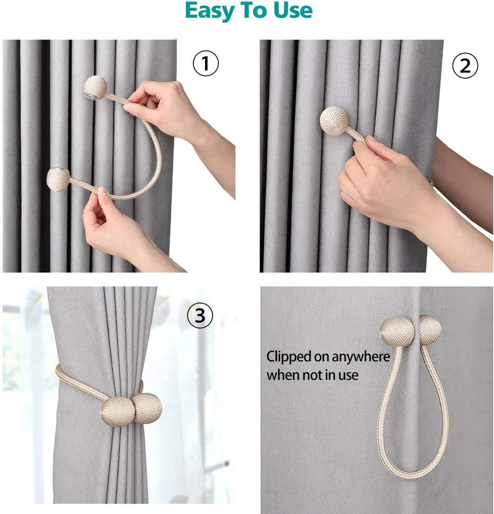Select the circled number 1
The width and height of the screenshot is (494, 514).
tap(206, 63)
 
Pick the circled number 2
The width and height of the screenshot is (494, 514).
tap(465, 65)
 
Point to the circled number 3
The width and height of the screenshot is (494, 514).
tap(200, 315)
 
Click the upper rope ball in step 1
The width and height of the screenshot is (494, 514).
tap(96, 87)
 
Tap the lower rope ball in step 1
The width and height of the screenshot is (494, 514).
tap(58, 180)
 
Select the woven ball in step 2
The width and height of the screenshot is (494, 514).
tap(334, 121)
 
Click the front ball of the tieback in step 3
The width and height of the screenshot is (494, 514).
tap(118, 411)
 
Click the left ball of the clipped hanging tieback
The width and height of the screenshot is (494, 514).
tap(397, 332)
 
